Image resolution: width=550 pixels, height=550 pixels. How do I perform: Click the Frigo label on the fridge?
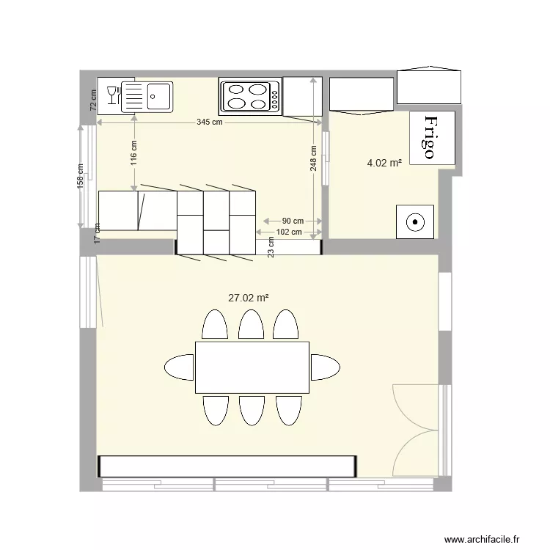tap(430, 137)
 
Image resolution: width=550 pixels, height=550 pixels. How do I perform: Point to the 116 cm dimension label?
tap(134, 154)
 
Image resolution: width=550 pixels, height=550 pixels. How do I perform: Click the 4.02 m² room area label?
tap(384, 164)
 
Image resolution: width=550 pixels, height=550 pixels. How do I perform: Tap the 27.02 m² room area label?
tap(248, 298)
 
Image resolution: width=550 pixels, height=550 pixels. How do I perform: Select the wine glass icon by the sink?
tap(113, 95)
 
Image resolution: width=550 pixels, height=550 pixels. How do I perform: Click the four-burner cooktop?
tap(250, 96)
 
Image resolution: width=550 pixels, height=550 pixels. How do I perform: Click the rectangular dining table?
tap(252, 367)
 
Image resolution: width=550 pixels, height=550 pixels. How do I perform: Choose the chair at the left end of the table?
tap(180, 367)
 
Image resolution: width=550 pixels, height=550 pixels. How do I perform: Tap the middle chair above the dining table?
tap(251, 324)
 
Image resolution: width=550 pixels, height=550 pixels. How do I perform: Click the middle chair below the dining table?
tap(251, 411)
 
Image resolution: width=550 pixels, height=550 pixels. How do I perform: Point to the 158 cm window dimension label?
tap(81, 177)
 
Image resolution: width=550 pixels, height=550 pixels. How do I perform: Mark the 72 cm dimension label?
tap(93, 100)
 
